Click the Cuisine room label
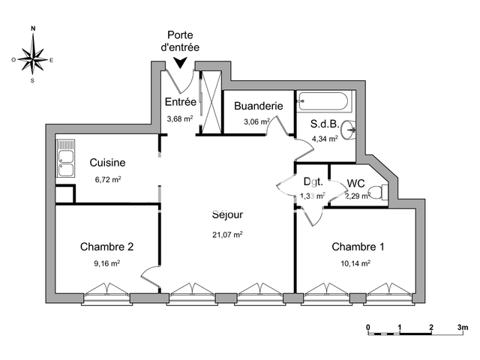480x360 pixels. click(107, 163)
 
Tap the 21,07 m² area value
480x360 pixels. click(227, 235)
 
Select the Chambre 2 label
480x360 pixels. click(106, 247)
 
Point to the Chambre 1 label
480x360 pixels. click(358, 247)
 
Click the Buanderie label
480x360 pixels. click(258, 106)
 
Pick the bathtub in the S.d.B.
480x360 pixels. click(323, 101)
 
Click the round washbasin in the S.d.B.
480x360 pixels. click(348, 130)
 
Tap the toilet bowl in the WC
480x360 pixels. click(378, 192)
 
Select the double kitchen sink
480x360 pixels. click(65, 158)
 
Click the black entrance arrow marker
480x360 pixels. click(180, 63)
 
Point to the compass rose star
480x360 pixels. click(33, 59)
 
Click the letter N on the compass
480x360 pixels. click(33, 28)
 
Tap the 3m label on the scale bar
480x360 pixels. click(463, 327)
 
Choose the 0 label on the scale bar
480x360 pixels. click(368, 327)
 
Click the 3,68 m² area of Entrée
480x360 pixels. click(180, 118)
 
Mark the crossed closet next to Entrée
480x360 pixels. click(211, 103)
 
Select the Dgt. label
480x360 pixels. click(313, 181)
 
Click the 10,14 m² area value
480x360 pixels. click(355, 263)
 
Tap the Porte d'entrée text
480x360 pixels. click(180, 41)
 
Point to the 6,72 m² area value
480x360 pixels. click(108, 179)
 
